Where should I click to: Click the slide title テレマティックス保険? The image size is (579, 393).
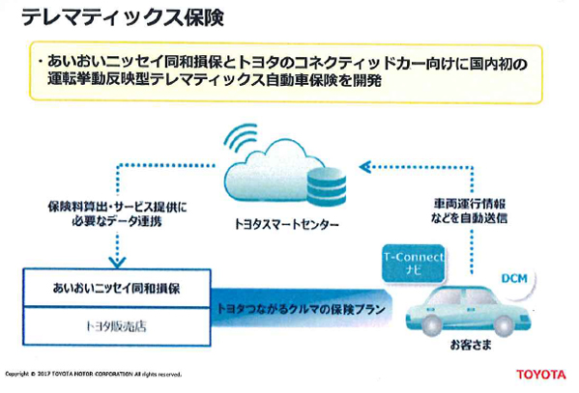(122, 17)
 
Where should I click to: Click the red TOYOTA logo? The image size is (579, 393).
(541, 375)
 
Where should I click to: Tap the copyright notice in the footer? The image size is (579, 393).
(94, 374)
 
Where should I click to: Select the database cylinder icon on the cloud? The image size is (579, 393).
(327, 186)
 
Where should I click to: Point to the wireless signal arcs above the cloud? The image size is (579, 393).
(242, 137)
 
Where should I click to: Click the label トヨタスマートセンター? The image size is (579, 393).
(287, 224)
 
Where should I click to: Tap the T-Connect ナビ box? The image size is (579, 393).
(413, 263)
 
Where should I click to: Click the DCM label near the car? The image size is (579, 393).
(514, 279)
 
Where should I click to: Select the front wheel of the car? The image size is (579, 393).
(431, 324)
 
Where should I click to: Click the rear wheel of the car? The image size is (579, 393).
(504, 324)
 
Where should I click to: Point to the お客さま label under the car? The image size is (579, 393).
(471, 345)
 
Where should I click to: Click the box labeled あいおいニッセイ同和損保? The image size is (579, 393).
(117, 288)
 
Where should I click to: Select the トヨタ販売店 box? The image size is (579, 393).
(117, 326)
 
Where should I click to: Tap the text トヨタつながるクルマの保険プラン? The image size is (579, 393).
(301, 309)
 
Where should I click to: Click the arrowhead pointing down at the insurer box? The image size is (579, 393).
(117, 262)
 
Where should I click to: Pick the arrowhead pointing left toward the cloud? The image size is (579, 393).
(365, 167)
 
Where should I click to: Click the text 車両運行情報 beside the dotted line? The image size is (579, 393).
(470, 204)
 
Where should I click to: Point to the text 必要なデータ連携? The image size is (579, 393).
(117, 221)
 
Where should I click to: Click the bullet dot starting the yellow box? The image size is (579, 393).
(40, 61)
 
